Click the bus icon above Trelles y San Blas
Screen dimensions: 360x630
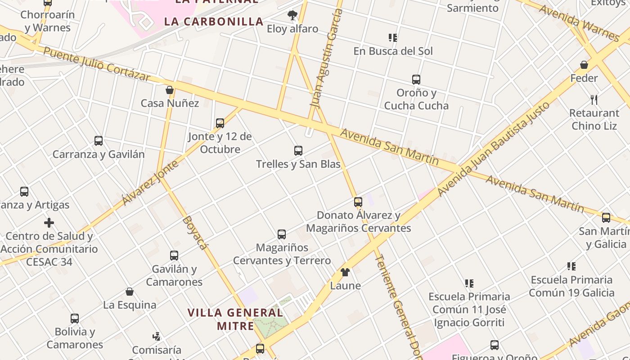pos(298,151)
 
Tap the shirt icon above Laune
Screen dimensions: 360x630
pos(345,272)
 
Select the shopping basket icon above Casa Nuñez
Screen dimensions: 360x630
pos(170,90)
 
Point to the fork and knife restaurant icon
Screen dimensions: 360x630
pos(594,99)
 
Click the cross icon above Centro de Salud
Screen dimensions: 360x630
pos(49,223)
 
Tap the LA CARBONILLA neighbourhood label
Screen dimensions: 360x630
pos(214,22)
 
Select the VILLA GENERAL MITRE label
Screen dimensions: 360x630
pos(235,319)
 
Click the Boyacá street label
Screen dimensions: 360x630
pos(196,233)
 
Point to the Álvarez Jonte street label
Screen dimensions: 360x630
pos(150,182)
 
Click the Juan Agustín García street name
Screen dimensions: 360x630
pos(326,58)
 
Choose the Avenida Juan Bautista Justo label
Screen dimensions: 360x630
pos(494,148)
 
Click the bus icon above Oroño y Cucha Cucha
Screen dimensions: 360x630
pos(416,80)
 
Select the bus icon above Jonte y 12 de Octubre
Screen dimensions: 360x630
pos(220,123)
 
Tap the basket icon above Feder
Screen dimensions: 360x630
pos(584,65)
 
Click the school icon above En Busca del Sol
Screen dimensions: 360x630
pos(393,38)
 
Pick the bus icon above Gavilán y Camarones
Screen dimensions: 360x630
pos(174,256)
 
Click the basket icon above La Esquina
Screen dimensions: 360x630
pos(130,292)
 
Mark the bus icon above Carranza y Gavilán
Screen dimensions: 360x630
pos(99,141)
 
